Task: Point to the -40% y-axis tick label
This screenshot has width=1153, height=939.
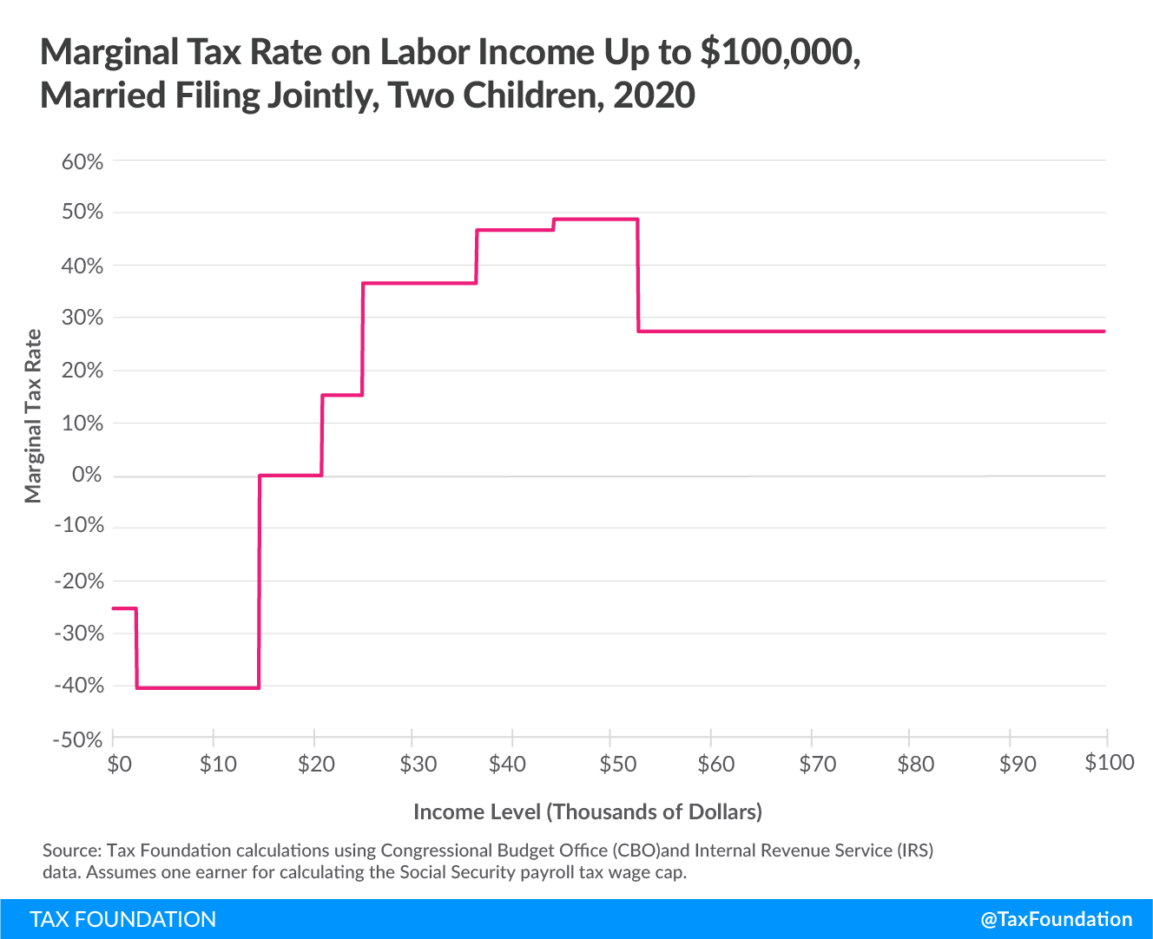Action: pyautogui.click(x=78, y=686)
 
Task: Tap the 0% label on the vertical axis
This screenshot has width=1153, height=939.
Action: pyautogui.click(x=87, y=476)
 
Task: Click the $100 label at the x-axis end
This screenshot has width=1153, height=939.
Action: pyautogui.click(x=1110, y=762)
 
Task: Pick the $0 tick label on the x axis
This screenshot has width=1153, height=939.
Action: pyautogui.click(x=119, y=764)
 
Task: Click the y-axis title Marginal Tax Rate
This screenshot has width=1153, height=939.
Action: pyautogui.click(x=33, y=417)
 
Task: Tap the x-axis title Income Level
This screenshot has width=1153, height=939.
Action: pyautogui.click(x=587, y=811)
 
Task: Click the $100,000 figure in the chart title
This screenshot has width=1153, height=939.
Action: pyautogui.click(x=780, y=53)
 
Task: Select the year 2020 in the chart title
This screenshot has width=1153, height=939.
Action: pyautogui.click(x=654, y=95)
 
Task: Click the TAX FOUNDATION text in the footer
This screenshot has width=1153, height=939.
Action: pyautogui.click(x=122, y=919)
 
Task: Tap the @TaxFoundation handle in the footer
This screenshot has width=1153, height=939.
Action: pyautogui.click(x=1056, y=919)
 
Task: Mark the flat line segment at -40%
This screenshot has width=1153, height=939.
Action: pyautogui.click(x=198, y=688)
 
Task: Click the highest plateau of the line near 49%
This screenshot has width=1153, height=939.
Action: pyautogui.click(x=596, y=220)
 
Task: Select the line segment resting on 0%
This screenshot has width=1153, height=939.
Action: pyautogui.click(x=290, y=476)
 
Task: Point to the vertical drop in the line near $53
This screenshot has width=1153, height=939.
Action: pyautogui.click(x=638, y=275)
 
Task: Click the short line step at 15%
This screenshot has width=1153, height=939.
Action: pyautogui.click(x=342, y=396)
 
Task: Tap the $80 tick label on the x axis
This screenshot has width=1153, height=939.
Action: pyautogui.click(x=916, y=764)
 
